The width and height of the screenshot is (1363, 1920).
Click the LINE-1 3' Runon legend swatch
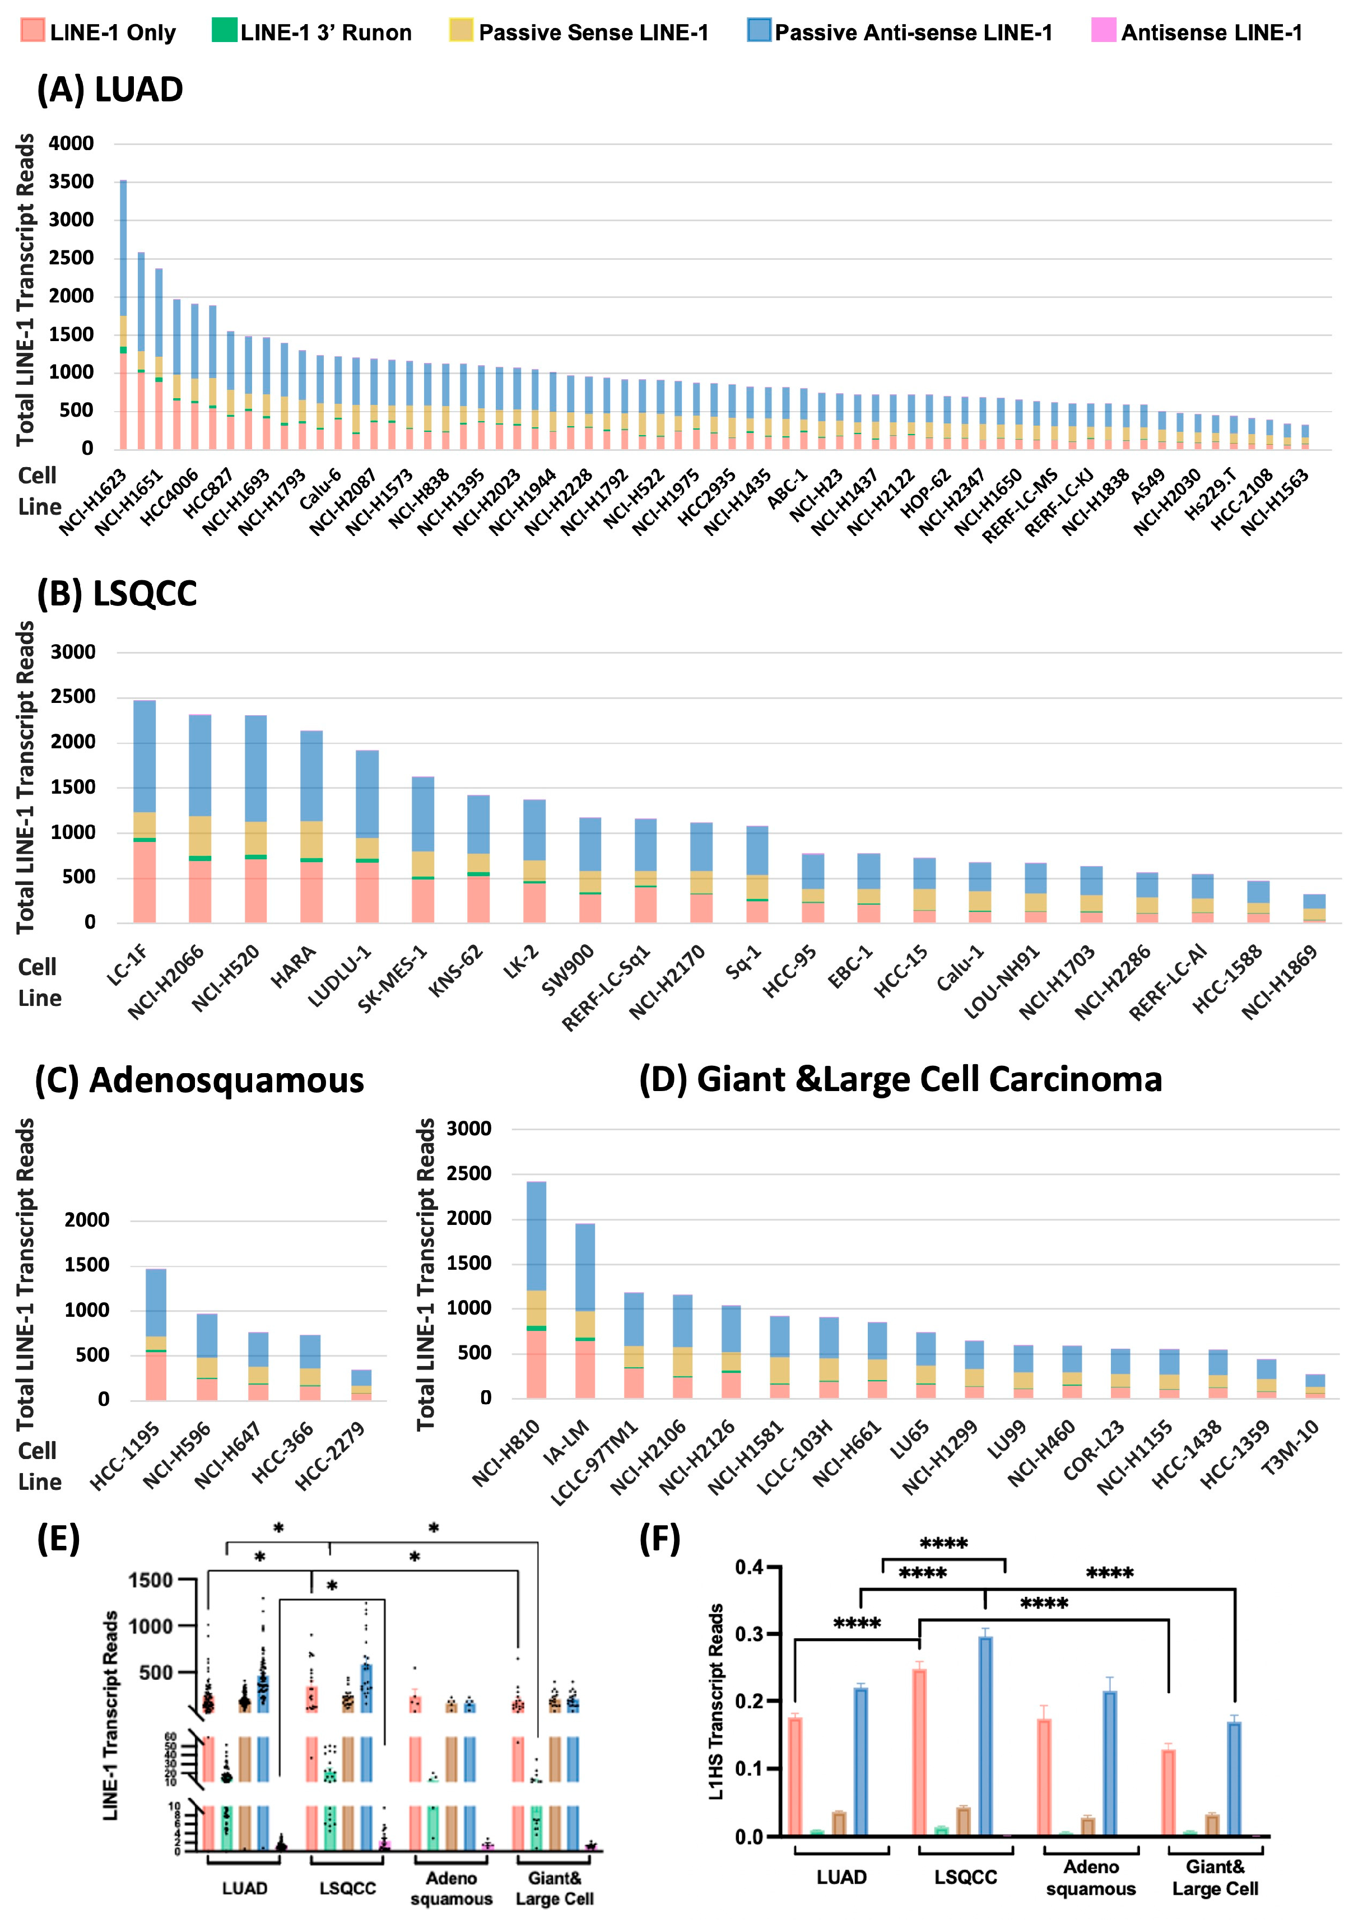(224, 30)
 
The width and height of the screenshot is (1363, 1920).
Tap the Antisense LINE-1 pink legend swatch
(1103, 30)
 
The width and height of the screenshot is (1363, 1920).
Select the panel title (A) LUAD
(110, 90)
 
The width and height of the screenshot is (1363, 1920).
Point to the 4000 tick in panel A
(71, 143)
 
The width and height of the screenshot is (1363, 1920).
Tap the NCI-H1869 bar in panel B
(1314, 908)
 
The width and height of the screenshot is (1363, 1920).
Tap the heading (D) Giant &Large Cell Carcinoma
(900, 1080)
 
